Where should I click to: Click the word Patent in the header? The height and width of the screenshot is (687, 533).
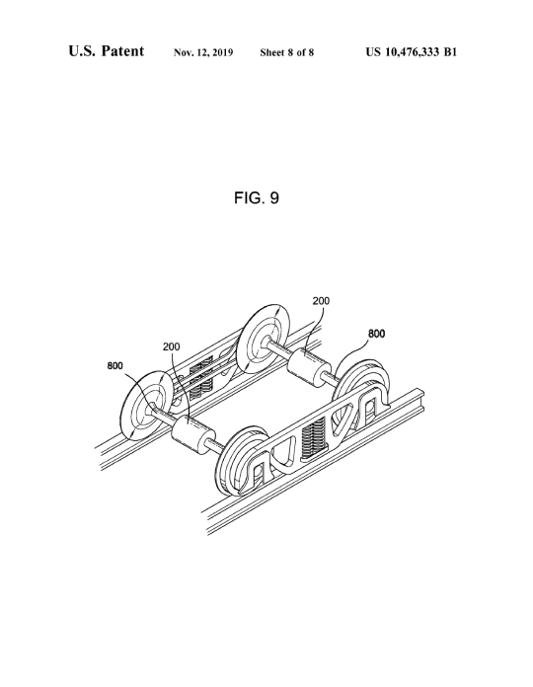[122, 50]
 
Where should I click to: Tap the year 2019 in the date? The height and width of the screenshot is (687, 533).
[223, 53]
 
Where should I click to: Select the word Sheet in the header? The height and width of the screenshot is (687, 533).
[272, 53]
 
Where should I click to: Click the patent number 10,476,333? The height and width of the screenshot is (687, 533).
[413, 52]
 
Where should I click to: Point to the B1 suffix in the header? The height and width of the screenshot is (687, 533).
[450, 52]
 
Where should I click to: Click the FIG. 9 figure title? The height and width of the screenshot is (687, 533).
[257, 198]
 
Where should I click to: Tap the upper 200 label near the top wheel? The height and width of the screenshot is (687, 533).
[321, 300]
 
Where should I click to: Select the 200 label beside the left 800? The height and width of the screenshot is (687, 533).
[171, 346]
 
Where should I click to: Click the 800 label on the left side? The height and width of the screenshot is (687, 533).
[115, 365]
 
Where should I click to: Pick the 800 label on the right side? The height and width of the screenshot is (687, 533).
[376, 334]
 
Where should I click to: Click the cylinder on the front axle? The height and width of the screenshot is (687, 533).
[190, 435]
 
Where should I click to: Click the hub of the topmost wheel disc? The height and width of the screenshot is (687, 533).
[264, 343]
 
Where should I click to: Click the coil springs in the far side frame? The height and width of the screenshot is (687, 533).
[201, 377]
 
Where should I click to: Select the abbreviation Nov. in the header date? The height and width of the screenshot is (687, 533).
[184, 53]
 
